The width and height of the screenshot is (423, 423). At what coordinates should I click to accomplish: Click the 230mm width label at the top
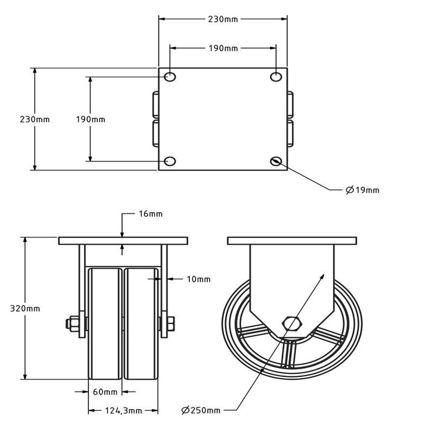click(222, 19)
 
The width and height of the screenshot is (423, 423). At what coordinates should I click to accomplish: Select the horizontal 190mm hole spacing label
click(222, 47)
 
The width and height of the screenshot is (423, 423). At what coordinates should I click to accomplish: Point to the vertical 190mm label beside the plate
click(91, 119)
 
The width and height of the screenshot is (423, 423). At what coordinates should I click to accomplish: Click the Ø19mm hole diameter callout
click(363, 190)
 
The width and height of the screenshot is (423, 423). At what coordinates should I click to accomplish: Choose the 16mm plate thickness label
click(150, 214)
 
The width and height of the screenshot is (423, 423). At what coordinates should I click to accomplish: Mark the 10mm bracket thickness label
click(199, 279)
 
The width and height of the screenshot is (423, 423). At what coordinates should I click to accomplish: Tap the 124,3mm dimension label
click(125, 411)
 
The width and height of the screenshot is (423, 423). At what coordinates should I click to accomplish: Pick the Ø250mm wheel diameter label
click(201, 411)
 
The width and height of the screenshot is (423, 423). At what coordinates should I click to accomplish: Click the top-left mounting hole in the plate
click(170, 77)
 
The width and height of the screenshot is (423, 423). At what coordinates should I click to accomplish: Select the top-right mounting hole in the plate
click(276, 77)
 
